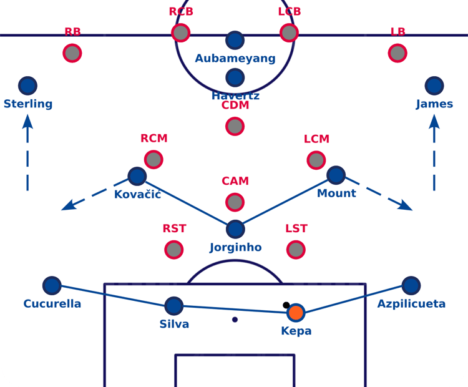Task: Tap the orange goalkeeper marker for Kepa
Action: click(x=295, y=312)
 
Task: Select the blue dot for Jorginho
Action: click(x=235, y=229)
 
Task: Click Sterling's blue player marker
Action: click(x=27, y=86)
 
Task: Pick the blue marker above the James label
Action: click(x=434, y=86)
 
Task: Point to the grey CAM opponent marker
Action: click(x=235, y=202)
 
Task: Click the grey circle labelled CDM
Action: click(x=235, y=127)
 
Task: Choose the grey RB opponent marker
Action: click(x=72, y=52)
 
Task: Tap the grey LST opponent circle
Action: click(x=296, y=250)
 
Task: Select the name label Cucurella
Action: click(x=52, y=304)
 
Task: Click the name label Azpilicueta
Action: click(x=411, y=304)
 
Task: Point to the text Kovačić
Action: click(x=137, y=194)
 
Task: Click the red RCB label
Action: click(x=181, y=12)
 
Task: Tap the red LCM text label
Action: click(x=316, y=139)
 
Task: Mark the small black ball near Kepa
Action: click(x=286, y=305)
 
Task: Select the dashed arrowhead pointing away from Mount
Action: click(x=406, y=206)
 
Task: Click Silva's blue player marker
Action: click(x=173, y=305)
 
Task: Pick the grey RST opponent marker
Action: click(x=174, y=250)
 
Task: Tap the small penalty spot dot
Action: click(x=235, y=320)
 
